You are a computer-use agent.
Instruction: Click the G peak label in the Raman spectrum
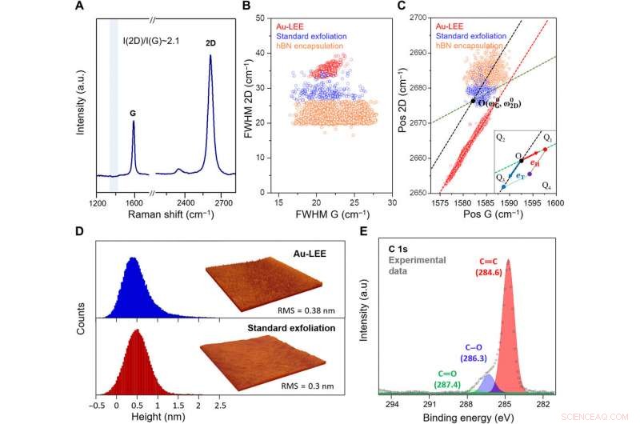133,113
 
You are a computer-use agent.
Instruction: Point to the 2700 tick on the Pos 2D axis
422,18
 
